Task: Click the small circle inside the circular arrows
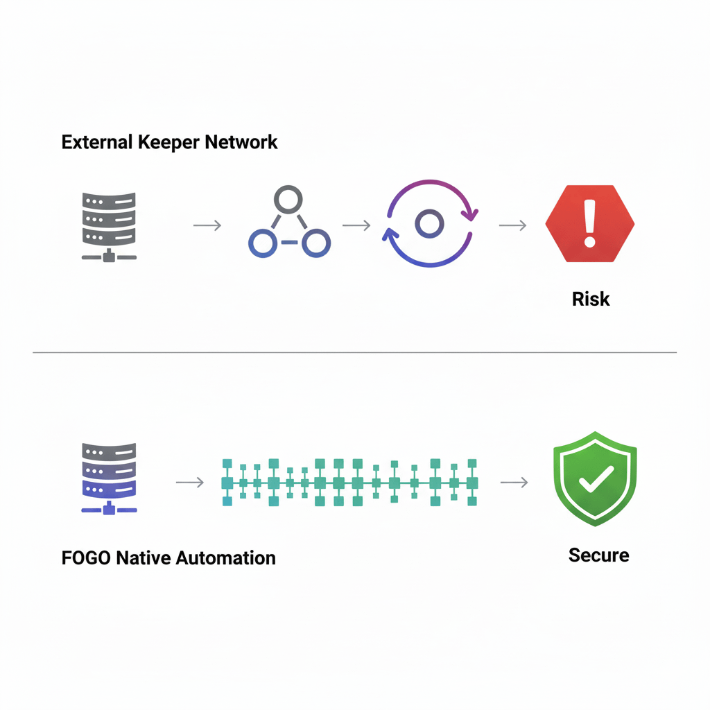pyautogui.click(x=428, y=223)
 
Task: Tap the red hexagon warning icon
pyautogui.click(x=589, y=223)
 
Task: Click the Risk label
pyautogui.click(x=591, y=299)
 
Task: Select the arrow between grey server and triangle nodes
pyautogui.click(x=207, y=225)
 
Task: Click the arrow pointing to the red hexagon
pyautogui.click(x=512, y=225)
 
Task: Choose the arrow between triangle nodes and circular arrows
pyautogui.click(x=356, y=225)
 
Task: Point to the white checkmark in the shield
pyautogui.click(x=596, y=478)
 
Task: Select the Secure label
pyautogui.click(x=598, y=555)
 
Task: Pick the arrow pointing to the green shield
pyautogui.click(x=514, y=482)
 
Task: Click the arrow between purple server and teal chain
pyautogui.click(x=189, y=482)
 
